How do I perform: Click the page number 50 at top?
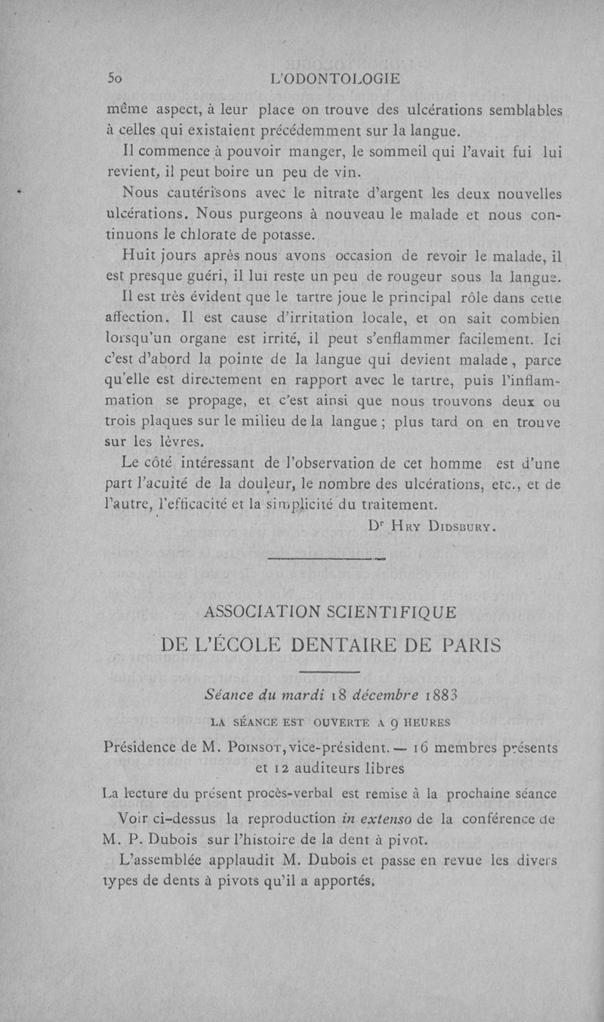tap(115, 78)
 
